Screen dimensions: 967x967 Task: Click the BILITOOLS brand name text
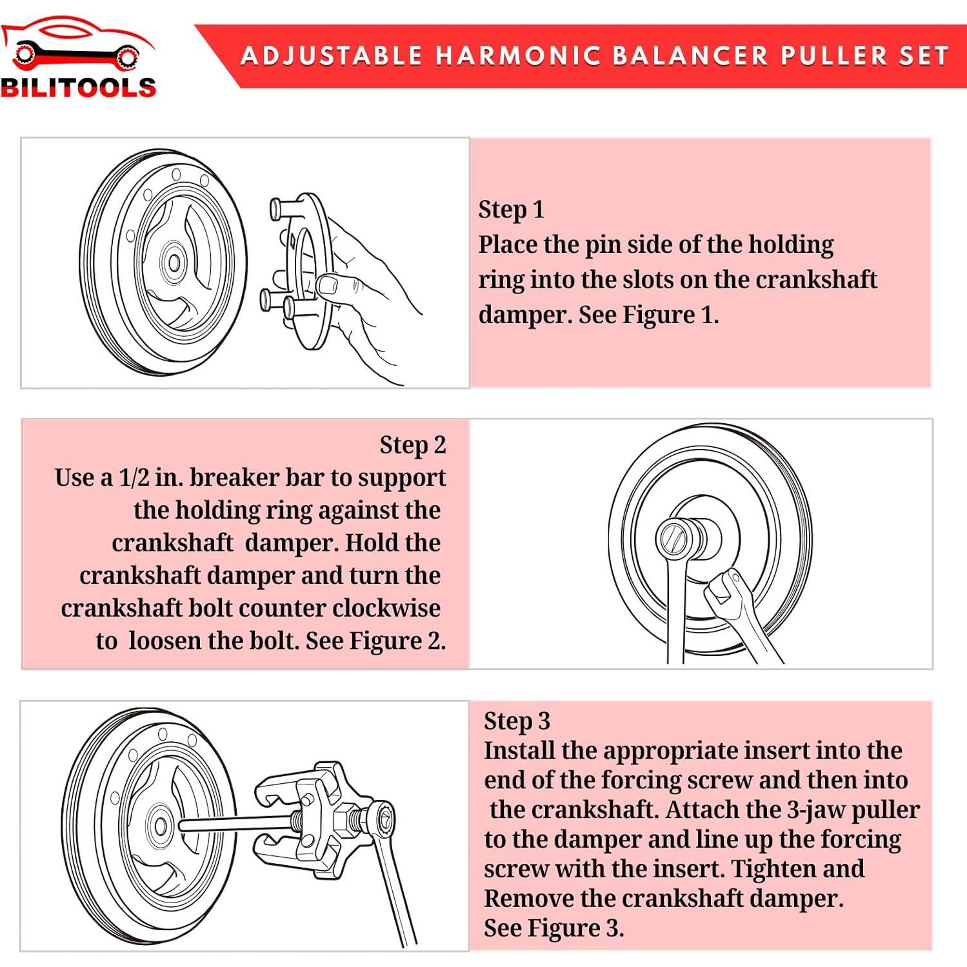[78, 88]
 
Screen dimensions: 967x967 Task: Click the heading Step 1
[511, 210]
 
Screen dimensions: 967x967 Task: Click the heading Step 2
[412, 445]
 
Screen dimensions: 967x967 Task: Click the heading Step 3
[517, 721]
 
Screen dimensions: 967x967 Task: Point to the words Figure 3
[575, 928]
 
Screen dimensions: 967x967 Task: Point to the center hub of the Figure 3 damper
[160, 826]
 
